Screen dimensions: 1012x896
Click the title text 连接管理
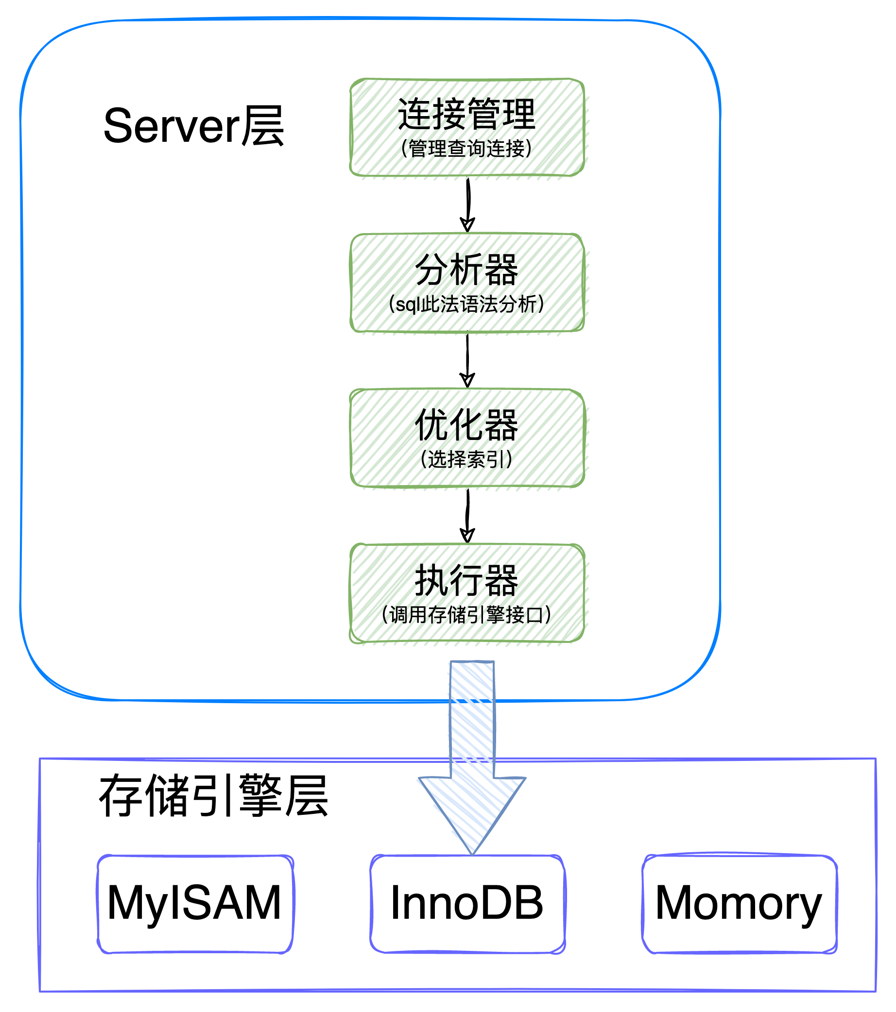466,114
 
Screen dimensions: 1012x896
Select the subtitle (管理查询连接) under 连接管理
466,148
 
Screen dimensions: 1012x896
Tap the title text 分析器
466,270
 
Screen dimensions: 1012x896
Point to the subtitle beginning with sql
466,304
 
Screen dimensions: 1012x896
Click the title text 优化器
466,425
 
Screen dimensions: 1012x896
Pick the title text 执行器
466,580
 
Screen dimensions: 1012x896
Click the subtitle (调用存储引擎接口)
466,615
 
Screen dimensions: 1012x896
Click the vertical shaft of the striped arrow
471,718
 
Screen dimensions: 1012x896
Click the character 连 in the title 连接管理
415,114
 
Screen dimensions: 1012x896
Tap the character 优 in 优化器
432,425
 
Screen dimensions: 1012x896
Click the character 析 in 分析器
466,270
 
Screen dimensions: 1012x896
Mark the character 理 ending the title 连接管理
518,114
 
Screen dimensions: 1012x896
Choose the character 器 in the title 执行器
501,580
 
